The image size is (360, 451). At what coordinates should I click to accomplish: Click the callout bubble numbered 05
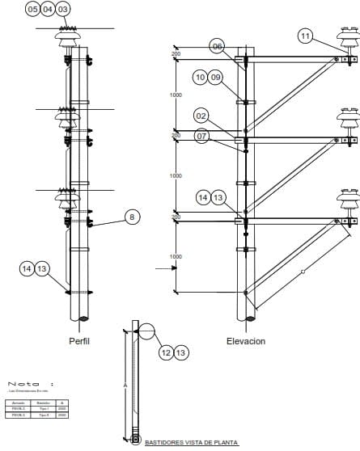pyautogui.click(x=33, y=9)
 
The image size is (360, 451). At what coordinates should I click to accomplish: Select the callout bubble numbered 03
pyautogui.click(x=63, y=9)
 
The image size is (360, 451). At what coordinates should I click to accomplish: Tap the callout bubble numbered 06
pyautogui.click(x=217, y=46)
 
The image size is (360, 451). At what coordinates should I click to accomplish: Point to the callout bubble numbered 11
pyautogui.click(x=305, y=36)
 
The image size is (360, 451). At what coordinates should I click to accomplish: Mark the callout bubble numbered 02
pyautogui.click(x=201, y=116)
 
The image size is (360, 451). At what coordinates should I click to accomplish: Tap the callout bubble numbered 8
pyautogui.click(x=132, y=216)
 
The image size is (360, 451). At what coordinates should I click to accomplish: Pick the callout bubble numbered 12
pyautogui.click(x=166, y=352)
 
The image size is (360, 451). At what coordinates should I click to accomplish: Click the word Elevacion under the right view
pyautogui.click(x=246, y=341)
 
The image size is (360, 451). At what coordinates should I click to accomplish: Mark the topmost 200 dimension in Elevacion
pyautogui.click(x=176, y=54)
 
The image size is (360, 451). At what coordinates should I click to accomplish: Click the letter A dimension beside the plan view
pyautogui.click(x=125, y=386)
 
